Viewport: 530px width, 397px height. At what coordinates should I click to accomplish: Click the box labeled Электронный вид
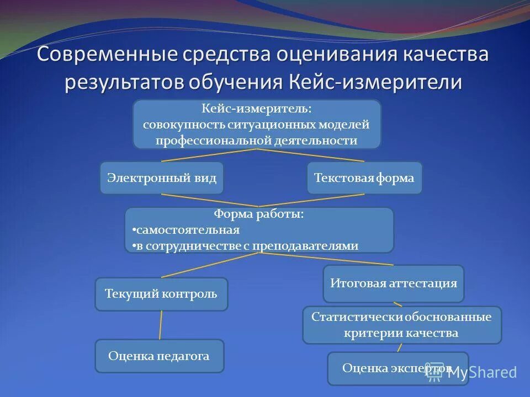coord(162,178)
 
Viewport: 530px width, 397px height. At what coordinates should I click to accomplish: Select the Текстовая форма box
coord(364,178)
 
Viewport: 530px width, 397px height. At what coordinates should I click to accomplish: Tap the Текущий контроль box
coord(162,294)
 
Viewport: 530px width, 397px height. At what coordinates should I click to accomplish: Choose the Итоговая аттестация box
coord(394,283)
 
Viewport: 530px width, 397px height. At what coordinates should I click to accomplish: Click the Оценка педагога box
coord(160,356)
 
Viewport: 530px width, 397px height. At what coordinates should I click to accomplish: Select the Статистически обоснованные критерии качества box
coord(402,325)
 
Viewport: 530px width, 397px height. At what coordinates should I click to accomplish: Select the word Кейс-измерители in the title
coord(375,82)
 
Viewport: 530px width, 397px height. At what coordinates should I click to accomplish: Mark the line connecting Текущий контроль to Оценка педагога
coord(161,325)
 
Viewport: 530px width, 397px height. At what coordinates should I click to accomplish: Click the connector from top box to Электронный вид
coord(210,155)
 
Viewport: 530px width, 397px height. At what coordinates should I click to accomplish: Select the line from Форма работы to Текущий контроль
coord(210,265)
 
